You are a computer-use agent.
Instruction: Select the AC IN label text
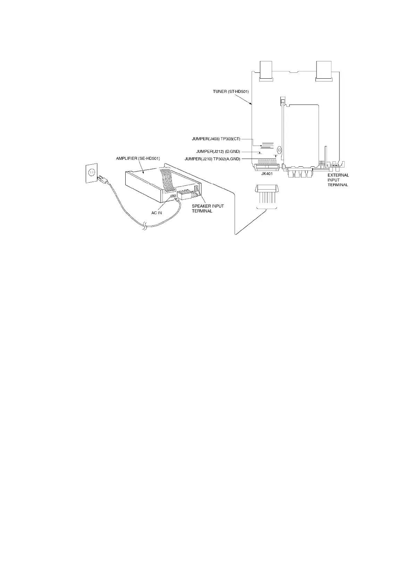click(x=157, y=212)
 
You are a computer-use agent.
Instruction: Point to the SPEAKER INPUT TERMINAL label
click(x=208, y=208)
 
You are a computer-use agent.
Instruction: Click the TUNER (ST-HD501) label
click(x=231, y=91)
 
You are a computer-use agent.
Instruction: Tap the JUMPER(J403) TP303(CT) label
click(x=216, y=139)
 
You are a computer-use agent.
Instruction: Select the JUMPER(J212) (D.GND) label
click(x=218, y=151)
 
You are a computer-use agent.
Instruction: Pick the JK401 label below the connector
click(x=267, y=174)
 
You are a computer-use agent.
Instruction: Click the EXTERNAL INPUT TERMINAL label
click(x=338, y=180)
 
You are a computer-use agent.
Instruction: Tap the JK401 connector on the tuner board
click(x=267, y=167)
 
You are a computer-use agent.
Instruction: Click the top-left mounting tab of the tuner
click(x=266, y=72)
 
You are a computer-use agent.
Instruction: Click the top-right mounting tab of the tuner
click(x=323, y=72)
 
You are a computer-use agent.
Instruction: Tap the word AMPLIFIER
click(x=127, y=158)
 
